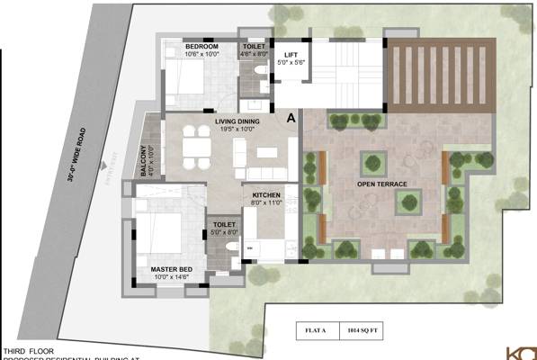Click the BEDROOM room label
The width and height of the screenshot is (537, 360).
(x=201, y=45)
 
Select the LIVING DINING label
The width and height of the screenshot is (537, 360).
(x=237, y=121)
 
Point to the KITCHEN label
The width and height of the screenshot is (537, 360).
(x=266, y=195)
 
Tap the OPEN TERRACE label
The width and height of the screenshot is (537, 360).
(x=382, y=184)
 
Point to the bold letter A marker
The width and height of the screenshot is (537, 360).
(x=291, y=117)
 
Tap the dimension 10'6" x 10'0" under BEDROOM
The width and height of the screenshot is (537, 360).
(x=201, y=53)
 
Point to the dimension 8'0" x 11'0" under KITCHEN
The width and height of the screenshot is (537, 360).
(x=266, y=203)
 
